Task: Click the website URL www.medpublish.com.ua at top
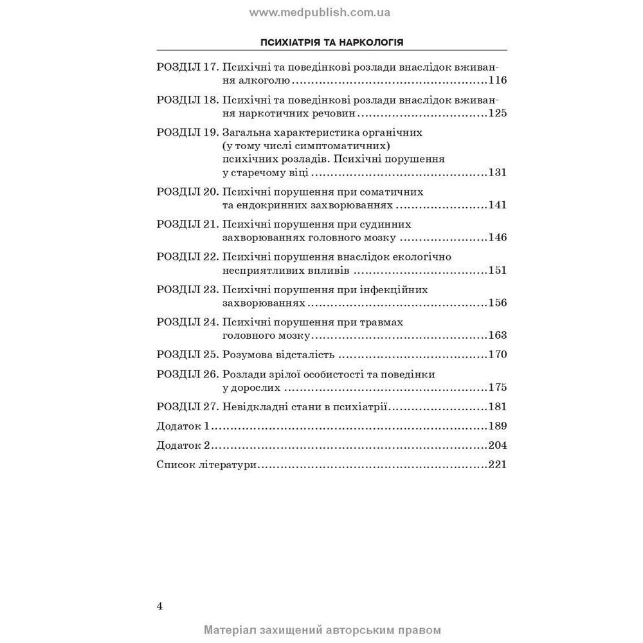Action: click(x=320, y=12)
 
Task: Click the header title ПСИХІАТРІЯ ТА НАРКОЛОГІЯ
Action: click(x=332, y=42)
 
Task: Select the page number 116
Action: click(x=497, y=80)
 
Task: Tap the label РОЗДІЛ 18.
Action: click(x=187, y=100)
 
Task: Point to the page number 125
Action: click(x=497, y=113)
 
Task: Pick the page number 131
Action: click(x=497, y=172)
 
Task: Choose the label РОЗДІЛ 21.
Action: click(x=187, y=224)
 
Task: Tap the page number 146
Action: click(x=497, y=237)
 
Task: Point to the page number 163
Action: click(x=497, y=335)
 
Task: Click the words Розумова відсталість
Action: click(x=278, y=354)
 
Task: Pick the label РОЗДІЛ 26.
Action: click(x=187, y=374)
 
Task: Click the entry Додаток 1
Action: click(x=183, y=426)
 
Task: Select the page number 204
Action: click(x=497, y=445)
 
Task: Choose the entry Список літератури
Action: click(x=206, y=464)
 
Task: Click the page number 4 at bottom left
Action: click(x=159, y=606)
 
